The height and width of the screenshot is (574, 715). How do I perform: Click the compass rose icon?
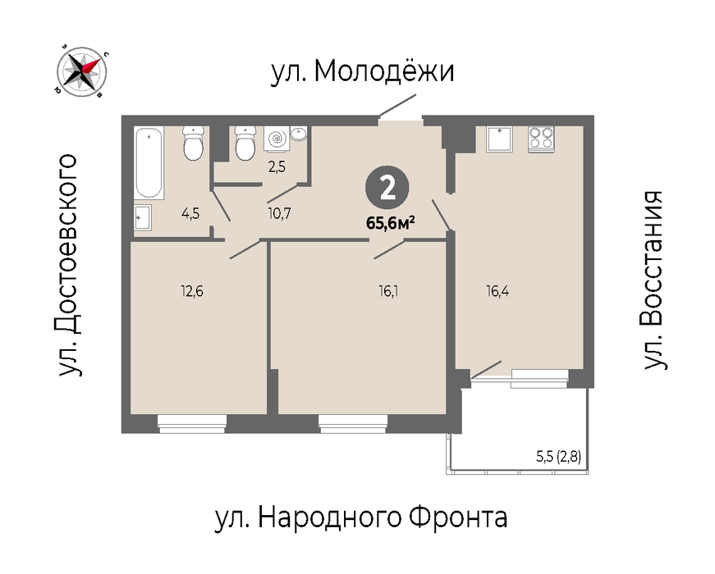81,72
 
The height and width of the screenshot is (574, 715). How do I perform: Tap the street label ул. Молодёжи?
363,71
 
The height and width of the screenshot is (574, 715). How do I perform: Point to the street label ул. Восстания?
653,280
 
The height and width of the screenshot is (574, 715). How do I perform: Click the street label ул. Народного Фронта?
360,517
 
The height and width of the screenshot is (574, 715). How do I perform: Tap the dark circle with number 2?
387,188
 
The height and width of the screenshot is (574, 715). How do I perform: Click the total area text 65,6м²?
390,223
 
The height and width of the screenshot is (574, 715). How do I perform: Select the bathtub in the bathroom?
149,163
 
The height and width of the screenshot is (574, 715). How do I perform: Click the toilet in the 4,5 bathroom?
194,143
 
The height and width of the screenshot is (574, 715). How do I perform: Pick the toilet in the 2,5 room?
245,143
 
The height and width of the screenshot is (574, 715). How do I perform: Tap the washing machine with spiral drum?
277,139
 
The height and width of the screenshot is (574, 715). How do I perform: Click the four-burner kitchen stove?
541,139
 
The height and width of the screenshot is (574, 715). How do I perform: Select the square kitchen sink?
499,139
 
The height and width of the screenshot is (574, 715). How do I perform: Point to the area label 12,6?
192,291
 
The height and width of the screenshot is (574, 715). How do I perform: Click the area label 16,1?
388,291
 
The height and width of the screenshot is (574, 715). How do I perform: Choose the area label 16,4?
497,291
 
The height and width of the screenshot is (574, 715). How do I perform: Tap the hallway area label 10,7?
279,213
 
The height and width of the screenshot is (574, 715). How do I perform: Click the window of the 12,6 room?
192,423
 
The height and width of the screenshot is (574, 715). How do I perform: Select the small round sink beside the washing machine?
299,134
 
